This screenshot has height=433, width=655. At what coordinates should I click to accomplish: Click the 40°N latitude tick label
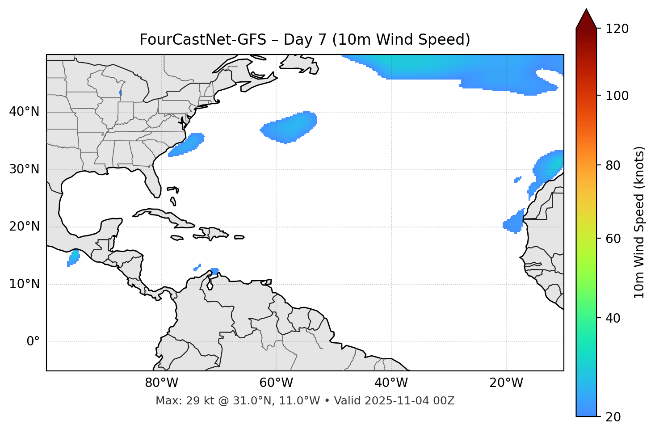pos(24,112)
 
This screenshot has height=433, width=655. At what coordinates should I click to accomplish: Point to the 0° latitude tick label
pos(33,342)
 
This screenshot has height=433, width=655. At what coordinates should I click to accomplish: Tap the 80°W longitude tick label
pos(161,383)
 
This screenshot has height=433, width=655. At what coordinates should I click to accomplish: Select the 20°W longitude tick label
pos(506,383)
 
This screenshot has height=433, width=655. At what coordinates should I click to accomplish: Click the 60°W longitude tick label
pos(276,383)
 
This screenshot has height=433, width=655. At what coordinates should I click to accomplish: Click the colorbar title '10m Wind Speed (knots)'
pos(639,222)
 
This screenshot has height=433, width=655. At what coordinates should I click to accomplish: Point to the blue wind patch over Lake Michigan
pos(121,93)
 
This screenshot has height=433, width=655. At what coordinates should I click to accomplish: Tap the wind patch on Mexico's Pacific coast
pos(73,258)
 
